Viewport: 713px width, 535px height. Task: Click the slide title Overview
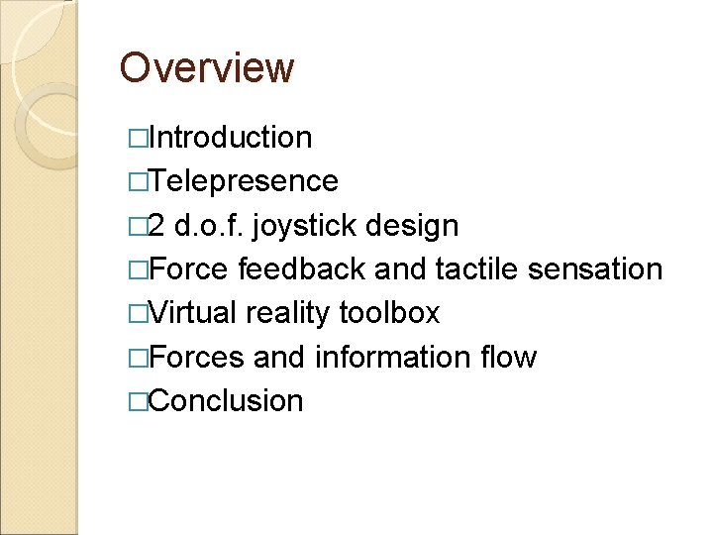207,69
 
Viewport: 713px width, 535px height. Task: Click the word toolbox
389,313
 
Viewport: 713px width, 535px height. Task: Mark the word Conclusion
228,401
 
